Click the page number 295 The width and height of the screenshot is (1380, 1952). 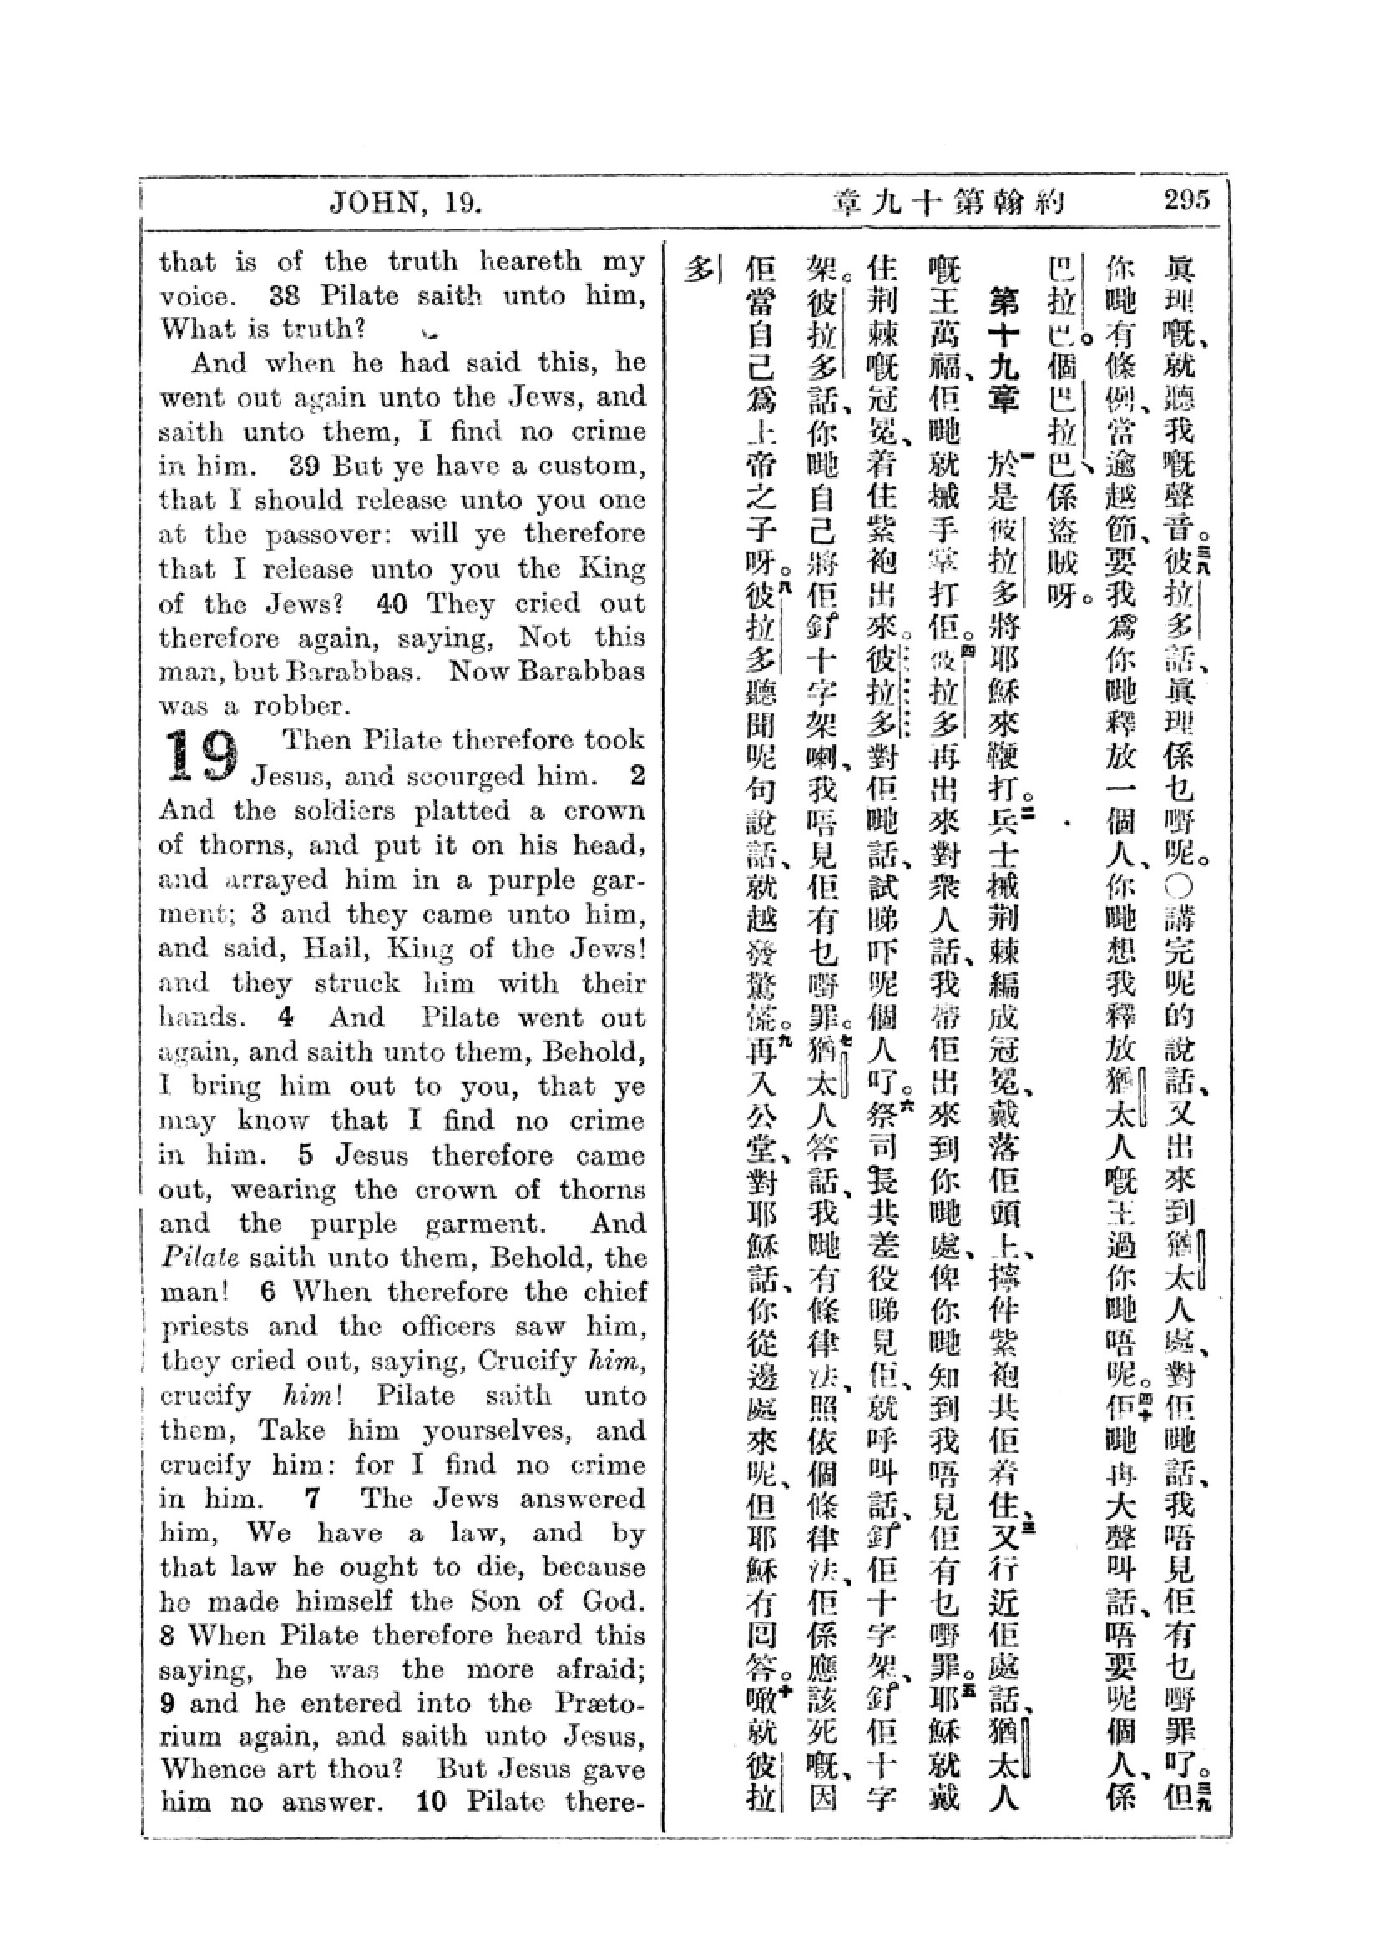(x=1186, y=201)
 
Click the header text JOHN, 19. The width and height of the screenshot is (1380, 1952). (x=405, y=203)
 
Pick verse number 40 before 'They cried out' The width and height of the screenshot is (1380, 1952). (x=394, y=603)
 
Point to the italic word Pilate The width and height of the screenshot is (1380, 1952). (x=192, y=1258)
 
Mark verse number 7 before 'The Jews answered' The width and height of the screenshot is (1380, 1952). (x=312, y=1498)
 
